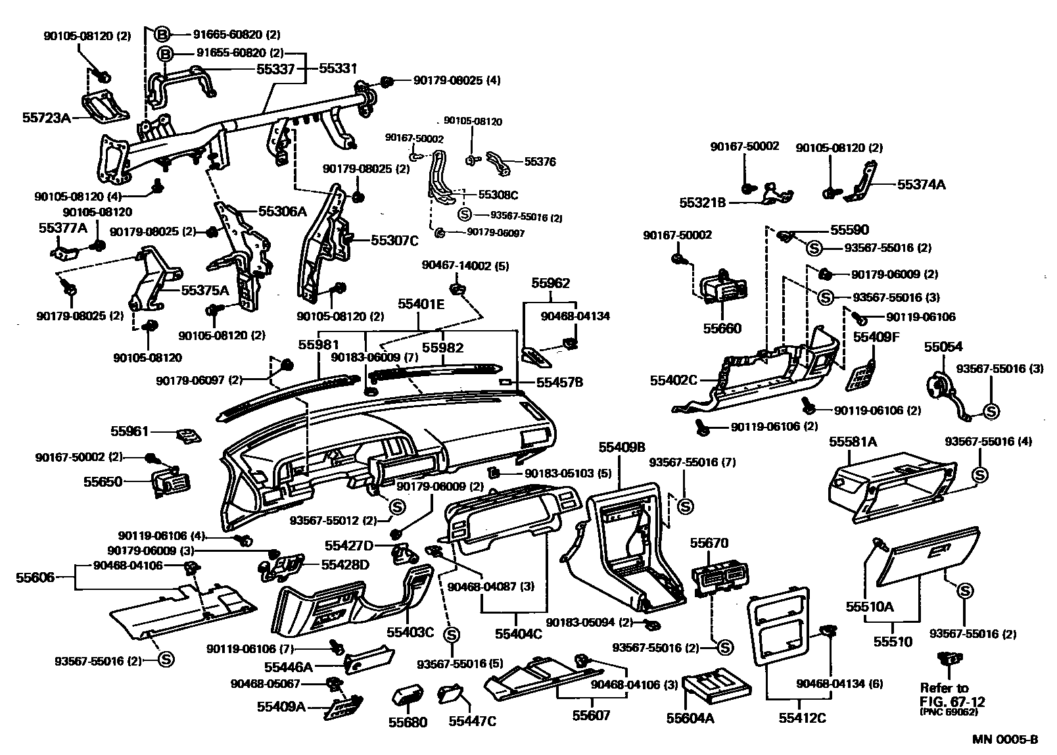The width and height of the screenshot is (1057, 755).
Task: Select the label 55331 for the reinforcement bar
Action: click(338, 68)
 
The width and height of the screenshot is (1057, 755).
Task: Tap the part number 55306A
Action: click(282, 211)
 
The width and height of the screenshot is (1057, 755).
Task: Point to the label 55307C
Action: click(394, 241)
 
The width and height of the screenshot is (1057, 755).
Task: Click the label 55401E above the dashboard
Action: click(421, 304)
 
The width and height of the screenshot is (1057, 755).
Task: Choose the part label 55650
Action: click(103, 481)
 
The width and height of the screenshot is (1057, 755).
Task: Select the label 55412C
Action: click(802, 718)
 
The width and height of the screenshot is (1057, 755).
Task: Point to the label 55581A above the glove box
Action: click(853, 442)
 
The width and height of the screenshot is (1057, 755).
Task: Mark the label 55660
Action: click(722, 328)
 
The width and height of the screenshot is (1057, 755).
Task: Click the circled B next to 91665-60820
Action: click(163, 34)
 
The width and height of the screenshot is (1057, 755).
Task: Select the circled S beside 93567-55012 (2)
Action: click(396, 506)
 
